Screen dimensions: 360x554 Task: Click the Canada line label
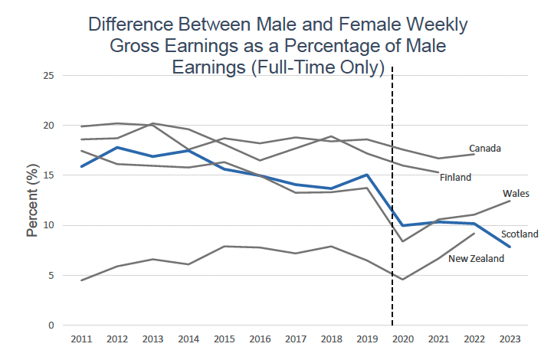click(485, 148)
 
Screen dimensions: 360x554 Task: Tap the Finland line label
click(455, 177)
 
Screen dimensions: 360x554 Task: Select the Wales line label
click(515, 194)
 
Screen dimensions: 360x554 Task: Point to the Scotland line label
click(520, 234)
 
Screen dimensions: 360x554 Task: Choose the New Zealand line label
click(477, 259)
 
